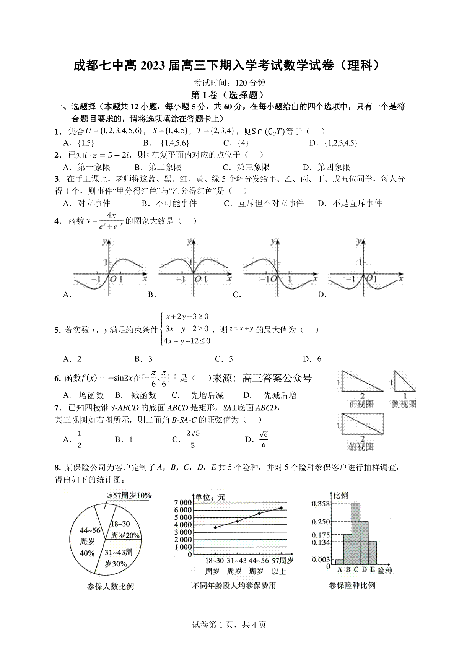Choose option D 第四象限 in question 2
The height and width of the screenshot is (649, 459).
pyautogui.click(x=327, y=167)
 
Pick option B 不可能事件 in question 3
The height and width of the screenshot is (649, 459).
pyautogui.click(x=169, y=203)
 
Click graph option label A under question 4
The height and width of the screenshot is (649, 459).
pyautogui.click(x=67, y=294)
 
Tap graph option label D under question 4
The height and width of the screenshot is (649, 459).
pyautogui.click(x=322, y=294)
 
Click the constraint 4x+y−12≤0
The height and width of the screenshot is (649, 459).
pyautogui.click(x=187, y=341)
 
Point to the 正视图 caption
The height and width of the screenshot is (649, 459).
pyautogui.click(x=361, y=403)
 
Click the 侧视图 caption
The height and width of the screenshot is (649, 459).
pyautogui.click(x=404, y=403)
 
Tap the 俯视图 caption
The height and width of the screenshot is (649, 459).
pyautogui.click(x=361, y=446)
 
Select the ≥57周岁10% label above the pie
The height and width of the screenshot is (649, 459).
pyautogui.click(x=129, y=495)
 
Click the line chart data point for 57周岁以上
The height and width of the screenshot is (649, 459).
pyautogui.click(x=281, y=508)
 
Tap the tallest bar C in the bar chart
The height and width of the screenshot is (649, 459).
pyautogui.click(x=355, y=534)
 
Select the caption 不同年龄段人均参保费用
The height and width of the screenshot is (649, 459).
pyautogui.click(x=234, y=586)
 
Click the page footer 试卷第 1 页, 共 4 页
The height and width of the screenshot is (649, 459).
pyautogui.click(x=229, y=625)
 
